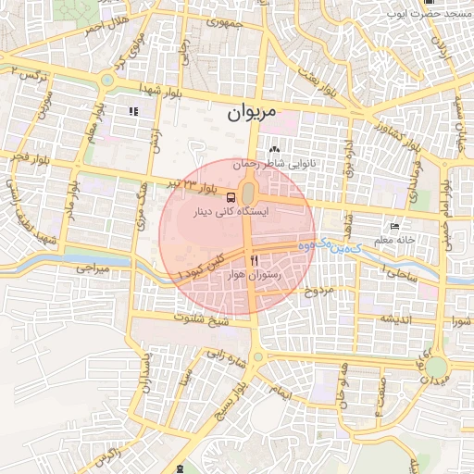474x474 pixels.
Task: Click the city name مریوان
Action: pos(252,115)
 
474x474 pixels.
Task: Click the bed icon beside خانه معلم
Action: pos(395,226)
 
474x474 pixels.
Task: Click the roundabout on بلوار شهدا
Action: pos(108,80)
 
